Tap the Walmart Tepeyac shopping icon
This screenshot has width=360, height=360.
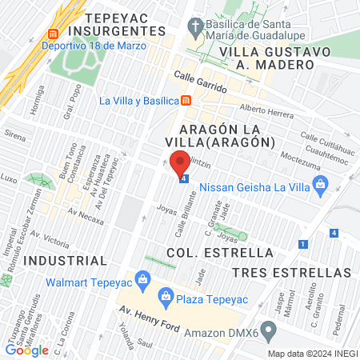click(x=143, y=279)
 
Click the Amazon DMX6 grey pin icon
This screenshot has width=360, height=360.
click(x=269, y=330)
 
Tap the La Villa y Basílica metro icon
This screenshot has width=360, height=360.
click(x=186, y=101)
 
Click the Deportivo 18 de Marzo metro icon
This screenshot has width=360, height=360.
click(x=54, y=34)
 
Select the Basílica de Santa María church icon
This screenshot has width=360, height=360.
click(x=193, y=25)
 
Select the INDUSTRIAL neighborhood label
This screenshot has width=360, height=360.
click(x=65, y=261)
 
